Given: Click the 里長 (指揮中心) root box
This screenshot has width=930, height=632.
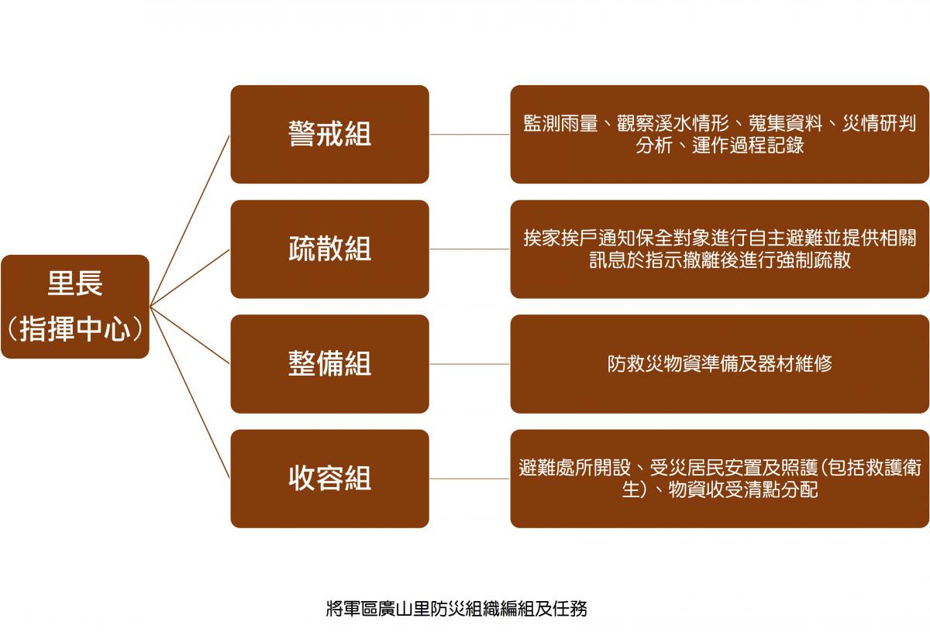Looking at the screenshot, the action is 75,307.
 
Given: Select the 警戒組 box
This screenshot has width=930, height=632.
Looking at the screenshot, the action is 329,135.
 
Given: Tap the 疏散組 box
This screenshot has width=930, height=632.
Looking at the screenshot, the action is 329,249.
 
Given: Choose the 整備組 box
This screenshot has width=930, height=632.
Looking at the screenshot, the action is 329,364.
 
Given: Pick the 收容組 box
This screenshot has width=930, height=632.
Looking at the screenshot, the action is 329,479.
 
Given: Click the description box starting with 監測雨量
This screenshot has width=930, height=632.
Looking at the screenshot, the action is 719,135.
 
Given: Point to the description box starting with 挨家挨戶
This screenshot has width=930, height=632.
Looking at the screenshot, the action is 719,249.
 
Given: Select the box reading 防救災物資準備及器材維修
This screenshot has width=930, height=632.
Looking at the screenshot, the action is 719,364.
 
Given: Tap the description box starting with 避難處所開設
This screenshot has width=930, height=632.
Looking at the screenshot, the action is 719,479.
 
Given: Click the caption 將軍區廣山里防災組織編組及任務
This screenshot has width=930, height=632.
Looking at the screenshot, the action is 456,609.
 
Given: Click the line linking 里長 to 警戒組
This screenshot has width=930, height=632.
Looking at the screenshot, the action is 190,221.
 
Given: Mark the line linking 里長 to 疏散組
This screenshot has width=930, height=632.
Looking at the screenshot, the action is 190,278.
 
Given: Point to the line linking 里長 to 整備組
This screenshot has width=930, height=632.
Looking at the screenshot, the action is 190,335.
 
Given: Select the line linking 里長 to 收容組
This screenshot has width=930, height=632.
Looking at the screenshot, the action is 190,393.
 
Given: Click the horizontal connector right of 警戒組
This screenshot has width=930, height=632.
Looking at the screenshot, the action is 470,135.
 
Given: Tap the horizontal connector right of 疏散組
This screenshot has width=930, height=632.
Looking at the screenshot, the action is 470,249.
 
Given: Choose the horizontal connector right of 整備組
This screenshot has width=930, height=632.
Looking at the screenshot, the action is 470,364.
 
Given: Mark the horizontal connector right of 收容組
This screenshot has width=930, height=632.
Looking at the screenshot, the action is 470,479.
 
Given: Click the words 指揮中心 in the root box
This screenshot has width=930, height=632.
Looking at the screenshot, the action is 75,328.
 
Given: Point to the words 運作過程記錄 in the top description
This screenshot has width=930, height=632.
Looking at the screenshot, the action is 748,146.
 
